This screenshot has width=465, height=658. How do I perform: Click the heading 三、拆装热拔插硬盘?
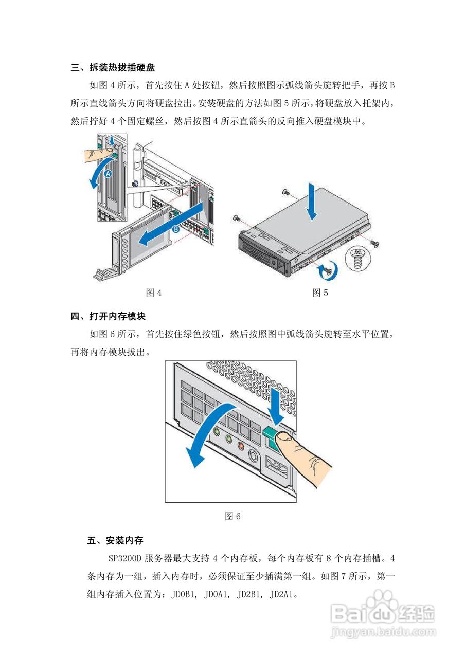[x=113, y=67]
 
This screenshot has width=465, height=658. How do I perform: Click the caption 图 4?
[x=154, y=293]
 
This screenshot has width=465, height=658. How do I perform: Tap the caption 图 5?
[x=320, y=293]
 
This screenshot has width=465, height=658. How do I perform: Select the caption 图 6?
[x=233, y=516]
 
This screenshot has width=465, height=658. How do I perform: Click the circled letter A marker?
[x=109, y=174]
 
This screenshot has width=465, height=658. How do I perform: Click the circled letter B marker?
[x=176, y=230]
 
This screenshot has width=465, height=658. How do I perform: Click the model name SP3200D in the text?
[x=125, y=558]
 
